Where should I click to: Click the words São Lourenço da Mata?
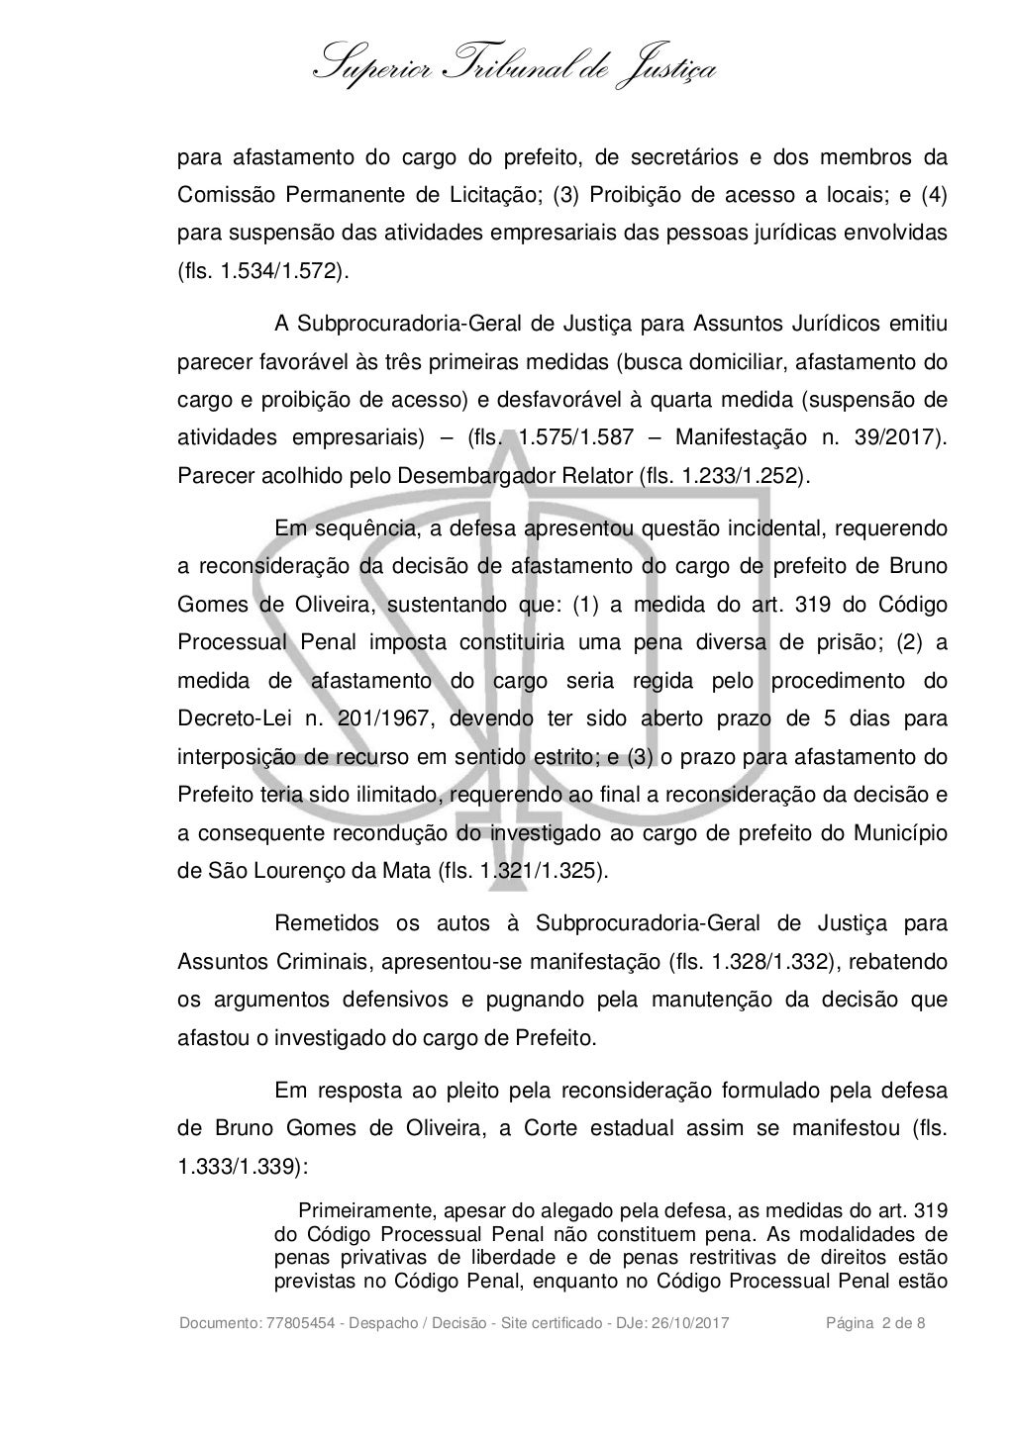(314, 872)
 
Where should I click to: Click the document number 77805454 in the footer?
(293, 1324)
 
